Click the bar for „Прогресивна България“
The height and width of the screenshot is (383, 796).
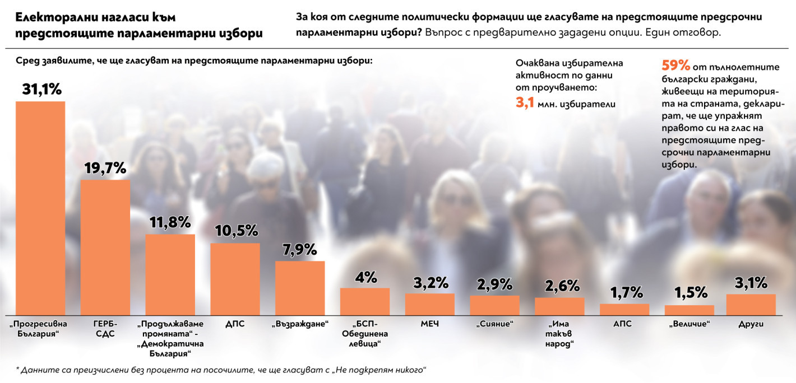(x=40, y=208)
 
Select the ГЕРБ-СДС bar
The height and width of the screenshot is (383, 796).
(x=105, y=247)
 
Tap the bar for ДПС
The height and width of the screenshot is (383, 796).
(x=235, y=279)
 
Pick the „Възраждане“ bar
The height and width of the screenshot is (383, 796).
(x=300, y=288)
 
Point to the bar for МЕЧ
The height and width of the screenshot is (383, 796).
(x=429, y=304)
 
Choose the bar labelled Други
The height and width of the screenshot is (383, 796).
(x=751, y=304)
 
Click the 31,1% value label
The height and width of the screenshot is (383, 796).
(x=41, y=89)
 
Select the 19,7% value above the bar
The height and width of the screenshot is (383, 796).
(x=105, y=168)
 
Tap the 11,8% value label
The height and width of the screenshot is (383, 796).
(x=170, y=222)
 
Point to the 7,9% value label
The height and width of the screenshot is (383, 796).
(x=300, y=249)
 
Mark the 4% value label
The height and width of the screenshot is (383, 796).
(x=365, y=277)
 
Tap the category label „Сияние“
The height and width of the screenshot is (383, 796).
(x=494, y=324)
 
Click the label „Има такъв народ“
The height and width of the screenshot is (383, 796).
(x=559, y=334)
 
